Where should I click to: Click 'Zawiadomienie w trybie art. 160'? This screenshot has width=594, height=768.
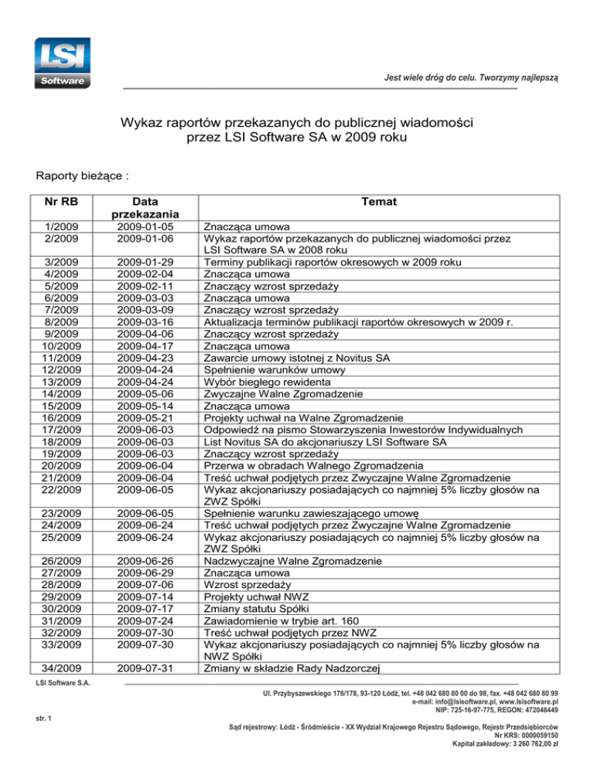(x=286, y=621)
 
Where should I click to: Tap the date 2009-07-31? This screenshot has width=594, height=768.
(x=146, y=669)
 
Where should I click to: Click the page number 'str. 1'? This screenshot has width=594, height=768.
(x=44, y=721)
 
